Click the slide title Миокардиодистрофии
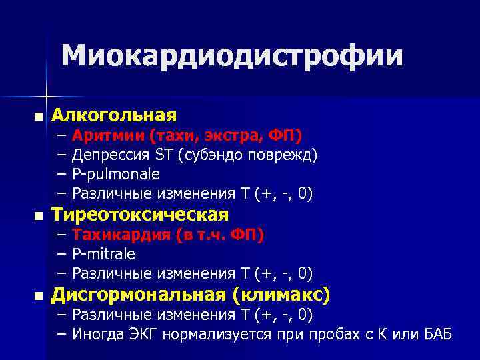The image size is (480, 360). (x=233, y=57)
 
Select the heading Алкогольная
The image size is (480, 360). (x=114, y=115)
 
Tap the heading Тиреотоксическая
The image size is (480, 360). (x=140, y=215)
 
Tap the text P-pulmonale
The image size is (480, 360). (x=116, y=175)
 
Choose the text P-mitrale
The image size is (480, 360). (x=103, y=254)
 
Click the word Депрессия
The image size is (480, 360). (x=111, y=155)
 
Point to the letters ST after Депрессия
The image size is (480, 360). (x=163, y=155)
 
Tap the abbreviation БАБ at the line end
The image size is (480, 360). (x=438, y=333)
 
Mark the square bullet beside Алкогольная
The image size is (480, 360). (x=37, y=117)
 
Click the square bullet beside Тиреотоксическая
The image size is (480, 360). (x=37, y=216)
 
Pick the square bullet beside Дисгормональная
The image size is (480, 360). (x=37, y=295)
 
